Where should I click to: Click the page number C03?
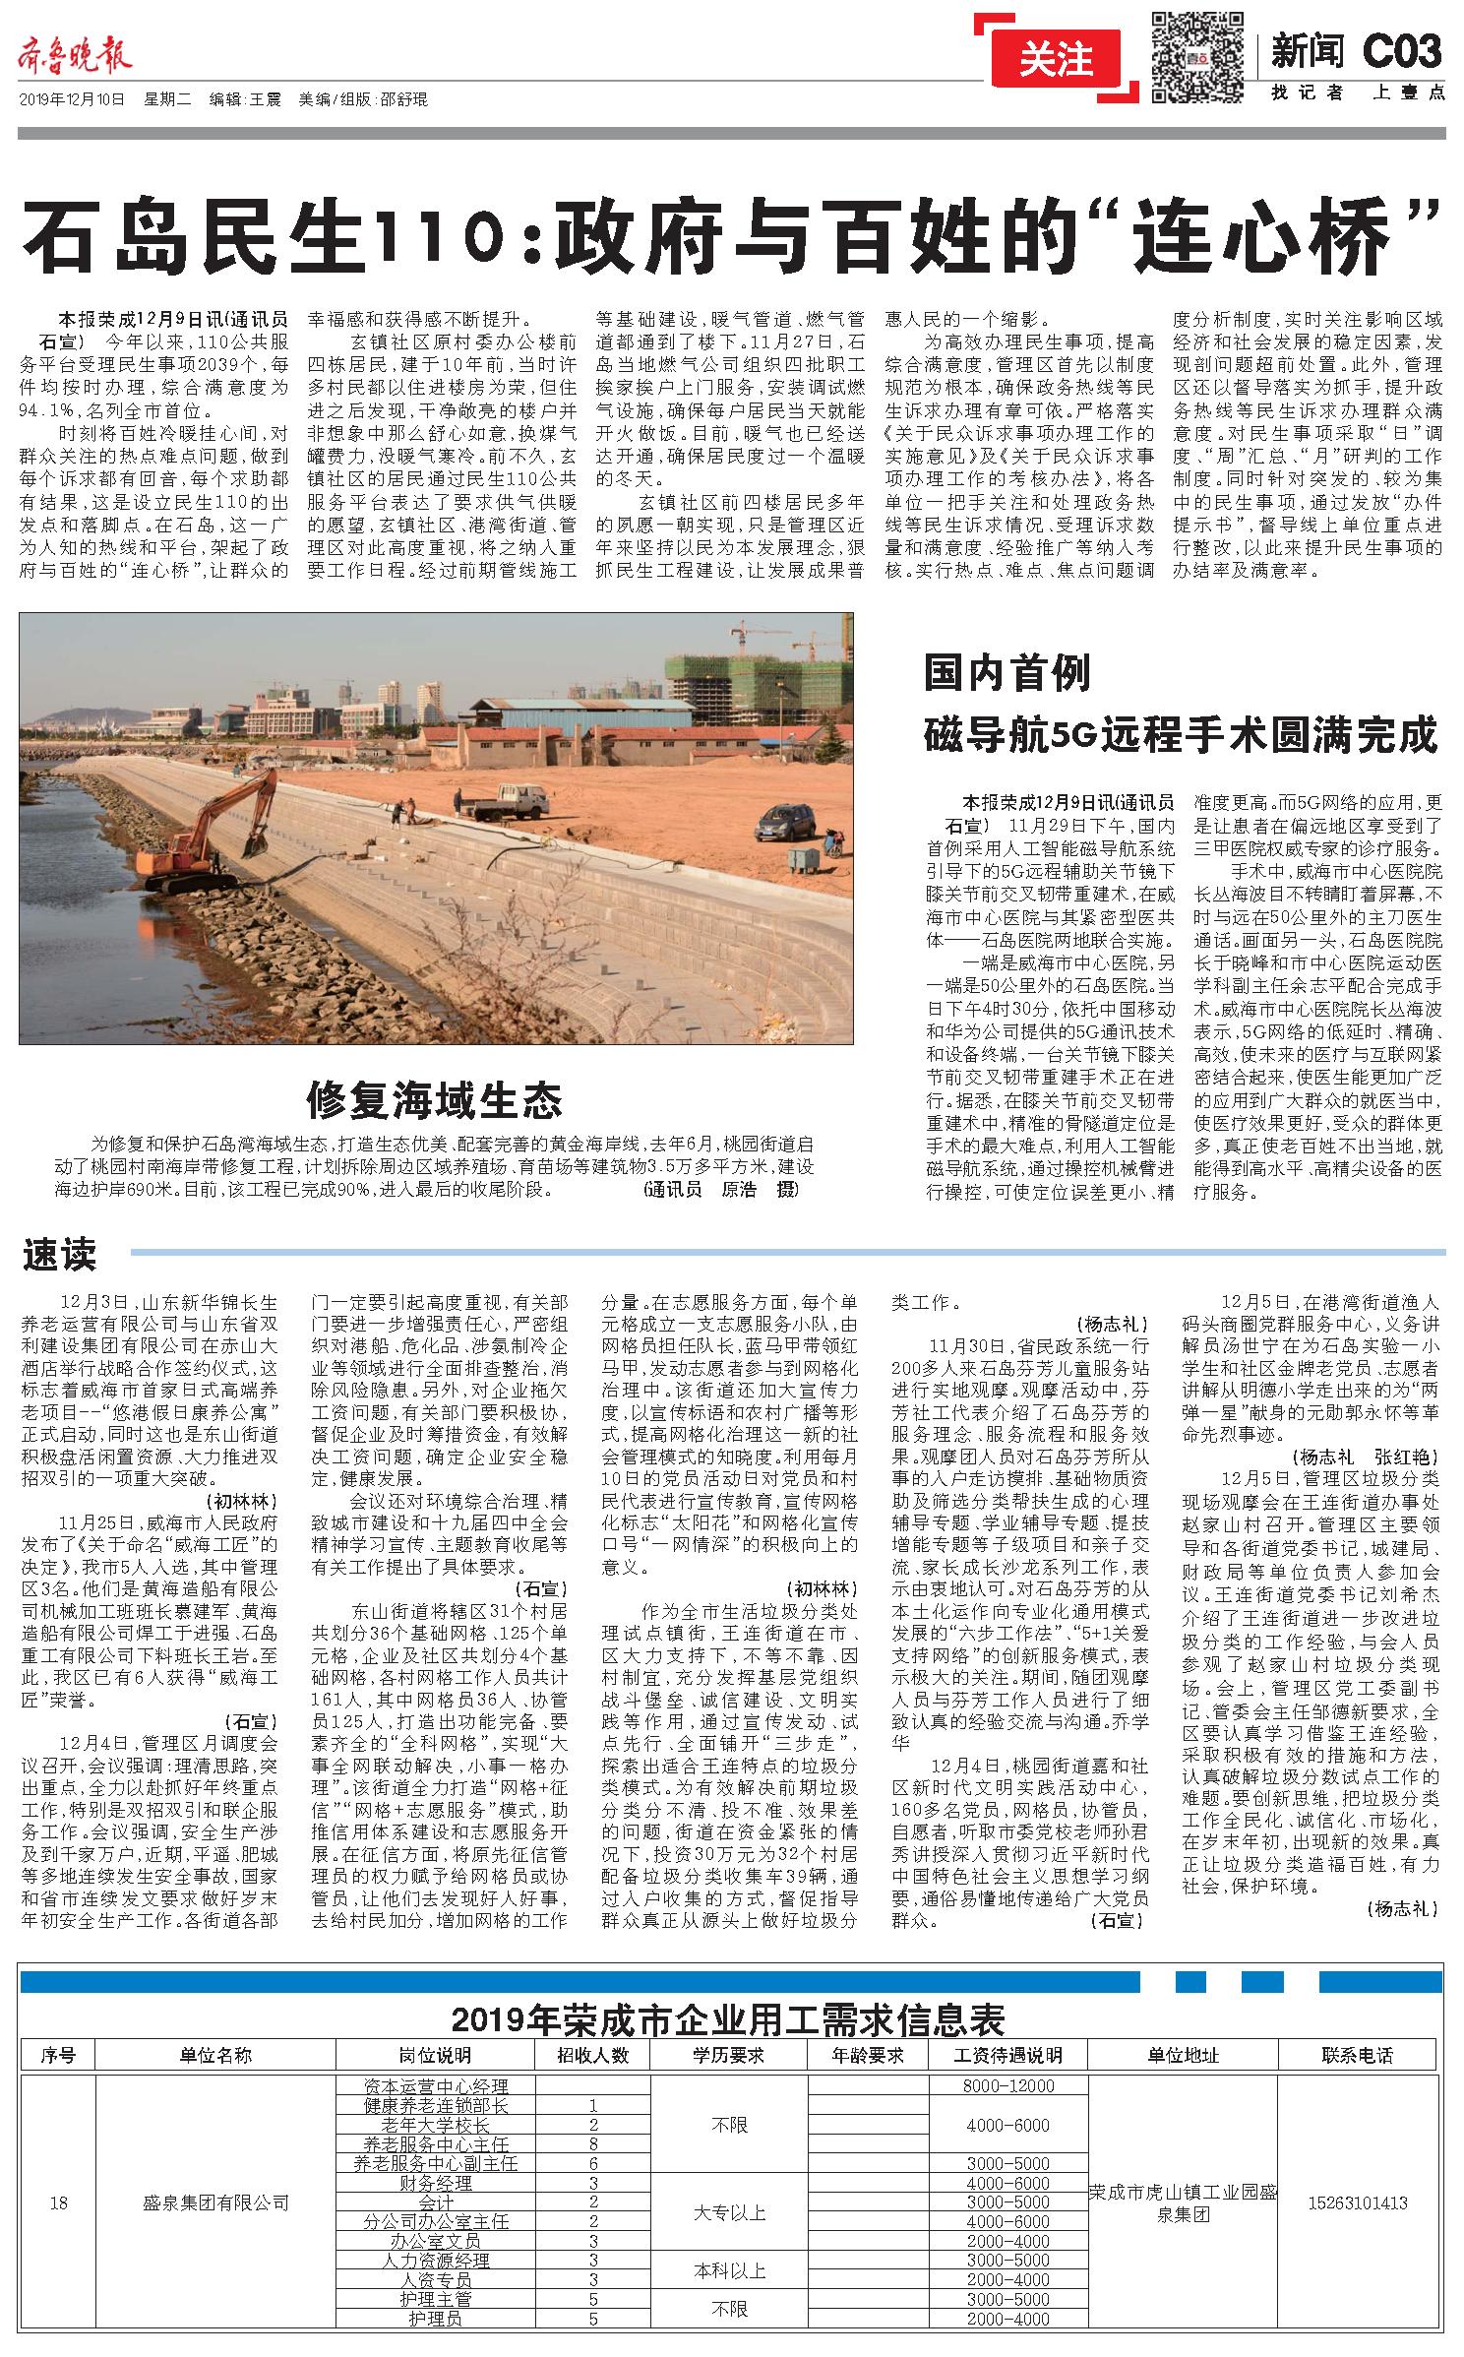point(1402,51)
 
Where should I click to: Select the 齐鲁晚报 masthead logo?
point(75,57)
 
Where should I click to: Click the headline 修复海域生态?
point(435,1098)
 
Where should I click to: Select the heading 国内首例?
point(1007,675)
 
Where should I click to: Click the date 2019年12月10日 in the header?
point(72,99)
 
